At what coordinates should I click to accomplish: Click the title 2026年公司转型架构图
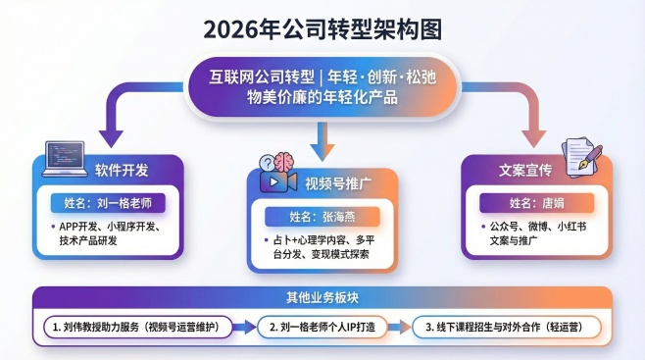(x=322, y=28)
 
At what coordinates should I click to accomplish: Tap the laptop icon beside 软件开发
(x=60, y=157)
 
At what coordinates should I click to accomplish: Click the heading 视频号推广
(x=339, y=183)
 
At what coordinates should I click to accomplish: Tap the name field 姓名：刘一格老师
(x=107, y=204)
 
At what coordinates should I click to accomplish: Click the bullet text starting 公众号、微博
(x=535, y=232)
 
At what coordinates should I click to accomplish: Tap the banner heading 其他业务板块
(x=322, y=296)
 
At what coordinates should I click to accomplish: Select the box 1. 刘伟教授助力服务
(x=134, y=326)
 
